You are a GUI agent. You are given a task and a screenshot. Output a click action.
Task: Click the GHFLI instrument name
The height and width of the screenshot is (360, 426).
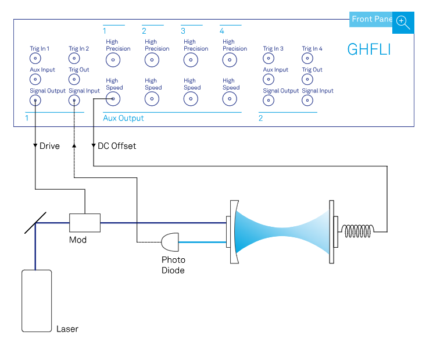[368, 49]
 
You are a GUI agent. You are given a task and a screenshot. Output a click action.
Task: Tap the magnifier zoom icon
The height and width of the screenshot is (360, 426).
[403, 22]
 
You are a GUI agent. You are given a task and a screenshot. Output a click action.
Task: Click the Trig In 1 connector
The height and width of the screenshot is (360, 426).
[35, 59]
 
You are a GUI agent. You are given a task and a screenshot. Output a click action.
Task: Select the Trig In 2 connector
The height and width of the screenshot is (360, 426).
[74, 59]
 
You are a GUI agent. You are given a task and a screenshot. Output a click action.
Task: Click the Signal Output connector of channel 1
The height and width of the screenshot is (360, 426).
[35, 101]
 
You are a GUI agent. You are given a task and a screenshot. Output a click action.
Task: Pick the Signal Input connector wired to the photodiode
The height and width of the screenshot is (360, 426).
[74, 101]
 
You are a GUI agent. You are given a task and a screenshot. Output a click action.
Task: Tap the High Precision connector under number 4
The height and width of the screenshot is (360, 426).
[230, 60]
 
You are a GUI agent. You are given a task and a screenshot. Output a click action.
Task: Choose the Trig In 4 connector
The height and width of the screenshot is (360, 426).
[307, 59]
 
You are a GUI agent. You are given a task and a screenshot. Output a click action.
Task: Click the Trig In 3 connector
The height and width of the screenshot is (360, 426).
[268, 59]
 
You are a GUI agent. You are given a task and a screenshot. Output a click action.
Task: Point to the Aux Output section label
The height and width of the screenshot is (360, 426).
[123, 118]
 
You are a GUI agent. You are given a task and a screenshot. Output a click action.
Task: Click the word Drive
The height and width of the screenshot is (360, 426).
[49, 146]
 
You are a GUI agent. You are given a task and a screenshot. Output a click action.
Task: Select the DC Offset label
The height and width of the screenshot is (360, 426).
[117, 146]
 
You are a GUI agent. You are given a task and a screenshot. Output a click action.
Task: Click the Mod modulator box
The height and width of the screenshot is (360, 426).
[85, 222]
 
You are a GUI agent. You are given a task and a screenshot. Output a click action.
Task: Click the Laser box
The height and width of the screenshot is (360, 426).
[35, 300]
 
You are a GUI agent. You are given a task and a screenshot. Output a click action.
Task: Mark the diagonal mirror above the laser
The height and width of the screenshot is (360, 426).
[35, 222]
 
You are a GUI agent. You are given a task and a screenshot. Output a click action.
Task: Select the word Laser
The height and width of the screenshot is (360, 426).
[67, 329]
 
